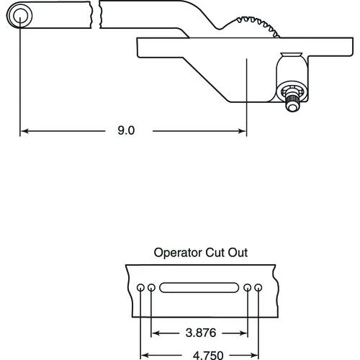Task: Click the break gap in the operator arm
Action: (x=95, y=14)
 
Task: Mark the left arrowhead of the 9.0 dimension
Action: (x=24, y=131)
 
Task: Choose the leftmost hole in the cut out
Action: (x=140, y=288)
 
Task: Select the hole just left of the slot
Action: (x=152, y=288)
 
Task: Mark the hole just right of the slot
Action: (x=248, y=288)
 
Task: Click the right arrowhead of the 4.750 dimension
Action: (x=256, y=354)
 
